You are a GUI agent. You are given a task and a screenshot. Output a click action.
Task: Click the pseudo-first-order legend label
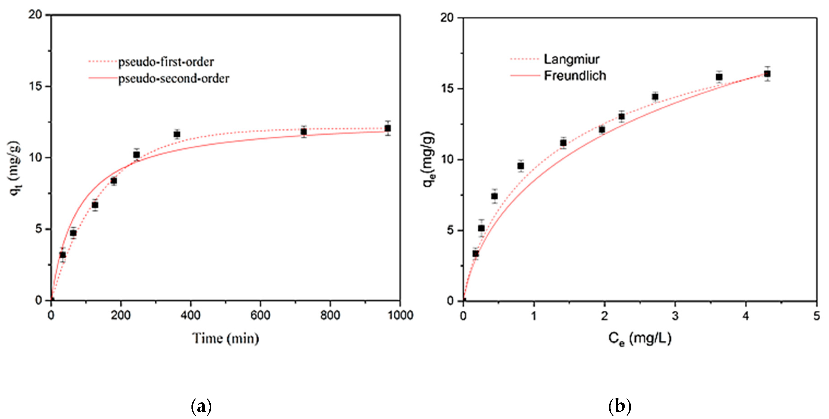coord(166,62)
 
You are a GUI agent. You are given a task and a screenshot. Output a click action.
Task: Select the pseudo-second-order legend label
coord(174,79)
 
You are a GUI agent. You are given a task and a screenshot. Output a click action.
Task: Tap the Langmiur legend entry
coord(571,59)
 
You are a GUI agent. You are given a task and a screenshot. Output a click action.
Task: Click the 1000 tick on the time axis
coord(400,315)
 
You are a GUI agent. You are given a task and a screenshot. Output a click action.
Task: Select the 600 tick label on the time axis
coord(260,315)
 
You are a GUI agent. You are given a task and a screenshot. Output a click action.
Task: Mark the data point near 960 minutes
coord(388,128)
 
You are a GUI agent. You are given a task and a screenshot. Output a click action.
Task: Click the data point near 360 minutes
coord(177,134)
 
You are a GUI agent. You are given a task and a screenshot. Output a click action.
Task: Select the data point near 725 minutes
coord(303,132)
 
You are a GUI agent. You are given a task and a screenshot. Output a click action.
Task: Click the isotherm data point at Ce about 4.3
coord(767,74)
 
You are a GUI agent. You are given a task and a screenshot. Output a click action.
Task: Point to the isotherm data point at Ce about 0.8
coord(520,166)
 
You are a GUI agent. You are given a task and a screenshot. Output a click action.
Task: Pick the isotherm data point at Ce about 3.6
coord(719,77)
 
